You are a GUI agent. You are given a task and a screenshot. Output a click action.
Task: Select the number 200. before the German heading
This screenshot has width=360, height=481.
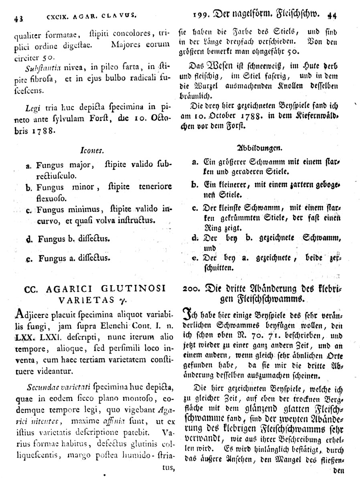[x=192, y=288]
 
